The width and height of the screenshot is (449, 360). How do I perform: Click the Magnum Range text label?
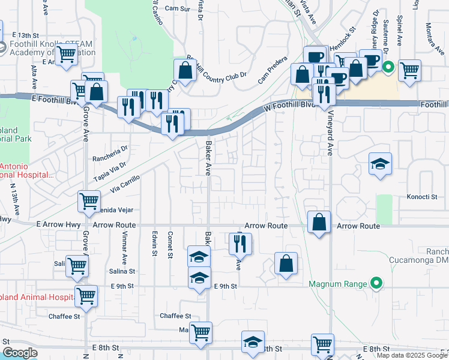click(x=337, y=283)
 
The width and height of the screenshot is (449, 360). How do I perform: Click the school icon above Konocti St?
click(x=380, y=164)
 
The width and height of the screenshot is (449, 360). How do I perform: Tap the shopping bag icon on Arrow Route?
click(x=319, y=222)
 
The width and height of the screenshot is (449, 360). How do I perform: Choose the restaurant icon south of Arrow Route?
click(x=240, y=244)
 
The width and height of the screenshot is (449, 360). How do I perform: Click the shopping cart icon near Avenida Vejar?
click(x=89, y=202)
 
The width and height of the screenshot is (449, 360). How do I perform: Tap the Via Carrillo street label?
click(x=125, y=183)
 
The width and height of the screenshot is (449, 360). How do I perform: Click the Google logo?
click(x=19, y=353)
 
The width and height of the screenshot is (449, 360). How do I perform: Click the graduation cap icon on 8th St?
click(x=253, y=342)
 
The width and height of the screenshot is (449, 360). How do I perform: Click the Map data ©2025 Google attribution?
click(x=411, y=355)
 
